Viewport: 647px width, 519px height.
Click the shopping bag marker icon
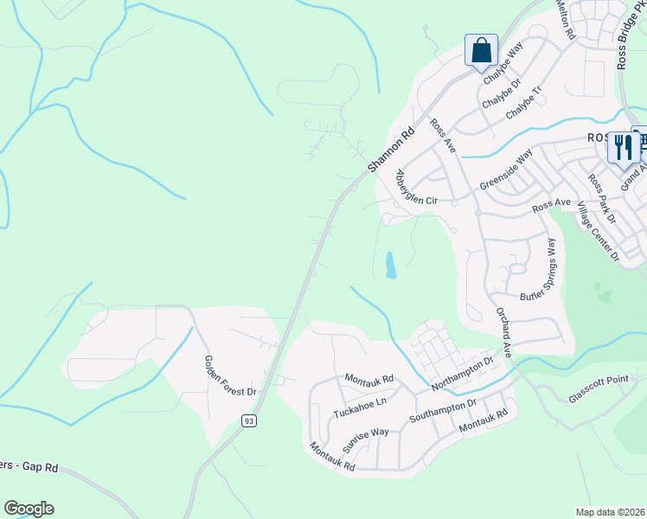click(482, 49)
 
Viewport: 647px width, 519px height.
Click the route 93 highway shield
click(248, 420)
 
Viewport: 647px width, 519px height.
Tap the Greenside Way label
click(506, 173)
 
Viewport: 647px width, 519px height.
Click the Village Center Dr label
click(599, 228)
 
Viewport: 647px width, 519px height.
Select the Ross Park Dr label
click(601, 200)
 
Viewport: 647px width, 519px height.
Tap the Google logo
click(29, 509)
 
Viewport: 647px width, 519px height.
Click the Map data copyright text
click(610, 512)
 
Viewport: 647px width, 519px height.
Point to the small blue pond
click(390, 265)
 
